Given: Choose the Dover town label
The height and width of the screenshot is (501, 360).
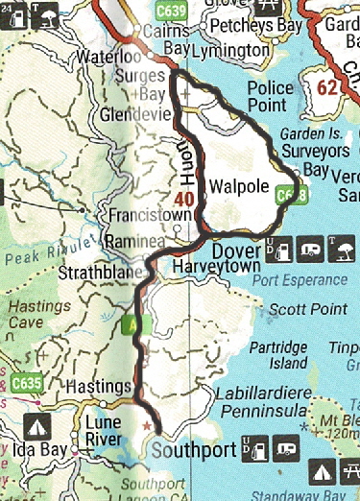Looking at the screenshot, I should [x=231, y=249].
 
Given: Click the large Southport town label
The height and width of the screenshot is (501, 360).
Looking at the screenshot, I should [x=194, y=447].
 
